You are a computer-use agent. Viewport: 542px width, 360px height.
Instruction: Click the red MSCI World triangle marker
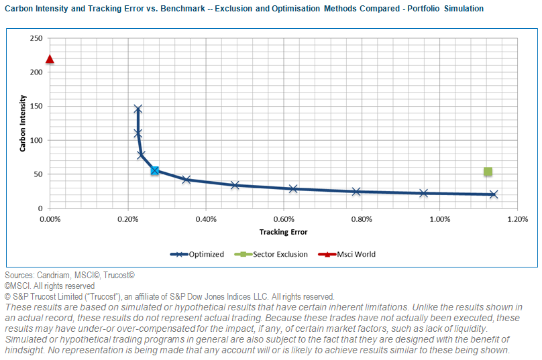tap(50, 59)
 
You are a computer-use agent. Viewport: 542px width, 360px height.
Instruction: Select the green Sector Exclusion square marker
tap(488, 172)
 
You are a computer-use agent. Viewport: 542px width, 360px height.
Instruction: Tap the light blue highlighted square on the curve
tap(155, 171)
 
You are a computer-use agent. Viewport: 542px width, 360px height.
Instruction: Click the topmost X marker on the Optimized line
tap(138, 109)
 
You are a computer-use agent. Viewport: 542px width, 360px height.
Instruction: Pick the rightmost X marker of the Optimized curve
tap(494, 194)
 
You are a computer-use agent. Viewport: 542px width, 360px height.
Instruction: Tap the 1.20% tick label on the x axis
tap(517, 219)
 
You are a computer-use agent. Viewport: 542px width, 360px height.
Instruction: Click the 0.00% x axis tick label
tap(50, 219)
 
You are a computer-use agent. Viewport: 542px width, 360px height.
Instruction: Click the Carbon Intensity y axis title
tap(23, 123)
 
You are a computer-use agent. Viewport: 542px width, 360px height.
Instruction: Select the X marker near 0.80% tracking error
tap(356, 192)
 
